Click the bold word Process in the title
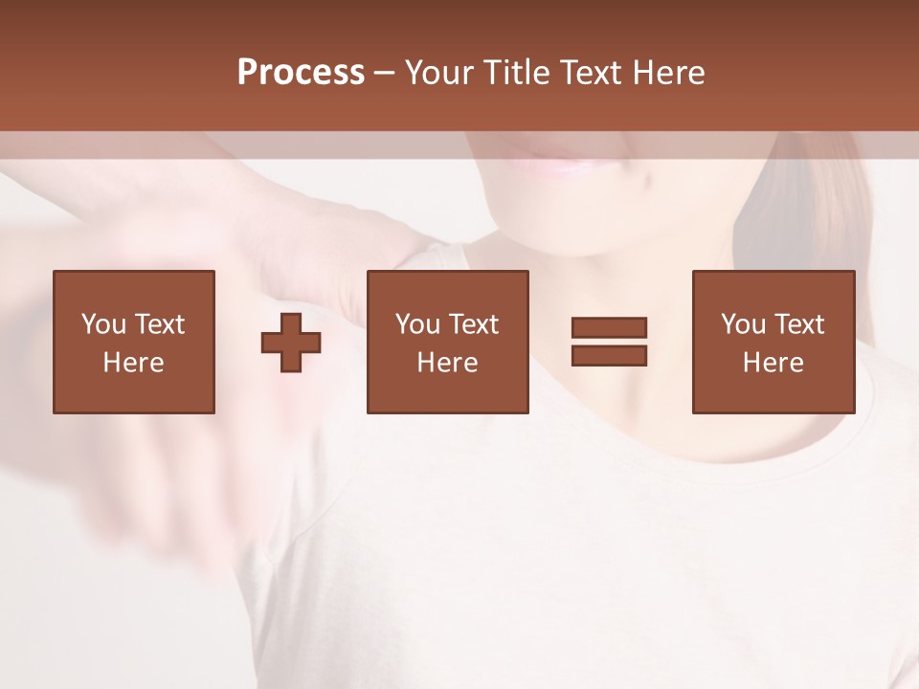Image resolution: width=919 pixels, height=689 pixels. (301, 73)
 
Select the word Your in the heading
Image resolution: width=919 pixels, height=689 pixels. (442, 73)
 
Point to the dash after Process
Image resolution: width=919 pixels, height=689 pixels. (385, 74)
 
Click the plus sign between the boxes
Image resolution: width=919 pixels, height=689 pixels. (291, 342)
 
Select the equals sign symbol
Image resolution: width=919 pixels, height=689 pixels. (609, 342)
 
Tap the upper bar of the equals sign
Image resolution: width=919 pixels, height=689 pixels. (609, 327)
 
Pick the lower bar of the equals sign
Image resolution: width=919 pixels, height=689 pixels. (609, 356)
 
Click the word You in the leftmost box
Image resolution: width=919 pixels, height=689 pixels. (103, 324)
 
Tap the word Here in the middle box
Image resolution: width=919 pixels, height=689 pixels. (447, 363)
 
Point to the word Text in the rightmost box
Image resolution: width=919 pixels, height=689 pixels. (798, 324)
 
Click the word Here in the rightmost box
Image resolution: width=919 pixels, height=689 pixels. (773, 363)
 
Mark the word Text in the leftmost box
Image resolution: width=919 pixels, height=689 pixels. (159, 324)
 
